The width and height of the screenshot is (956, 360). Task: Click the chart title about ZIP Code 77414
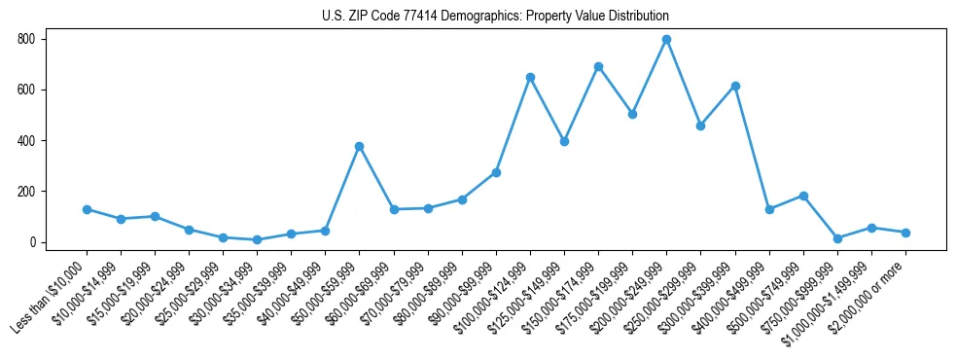495,17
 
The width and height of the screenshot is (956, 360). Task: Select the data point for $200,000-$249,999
667,40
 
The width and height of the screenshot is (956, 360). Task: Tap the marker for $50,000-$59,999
360,146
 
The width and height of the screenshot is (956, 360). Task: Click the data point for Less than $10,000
87,209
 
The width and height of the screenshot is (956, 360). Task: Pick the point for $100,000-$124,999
530,77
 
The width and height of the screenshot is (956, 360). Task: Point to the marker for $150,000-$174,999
598,67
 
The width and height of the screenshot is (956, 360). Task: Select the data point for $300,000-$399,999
735,86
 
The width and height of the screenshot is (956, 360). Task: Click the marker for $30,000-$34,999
257,239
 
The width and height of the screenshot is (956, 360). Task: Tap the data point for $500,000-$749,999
803,196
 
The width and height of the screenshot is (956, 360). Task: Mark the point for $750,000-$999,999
837,238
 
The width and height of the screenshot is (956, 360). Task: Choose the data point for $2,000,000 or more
905,233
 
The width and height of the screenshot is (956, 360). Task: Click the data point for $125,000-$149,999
564,141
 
